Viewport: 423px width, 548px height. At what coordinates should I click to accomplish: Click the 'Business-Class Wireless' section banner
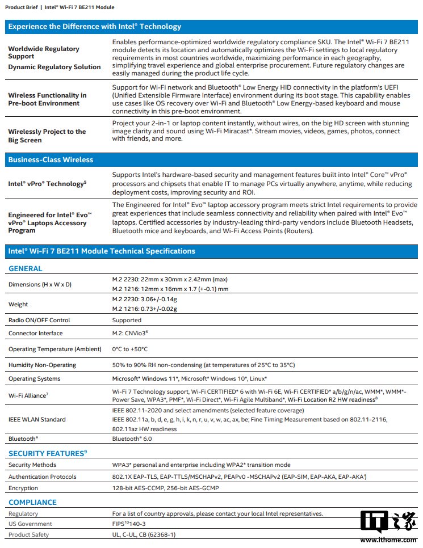click(51, 160)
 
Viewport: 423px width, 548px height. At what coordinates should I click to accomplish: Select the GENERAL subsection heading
click(25, 268)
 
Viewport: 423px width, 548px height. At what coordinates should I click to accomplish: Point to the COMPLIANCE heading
click(32, 502)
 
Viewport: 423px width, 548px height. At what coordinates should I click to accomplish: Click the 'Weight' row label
click(18, 304)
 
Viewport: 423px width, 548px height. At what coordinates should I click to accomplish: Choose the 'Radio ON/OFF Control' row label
click(39, 320)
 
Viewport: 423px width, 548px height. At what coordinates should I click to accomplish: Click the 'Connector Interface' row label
click(35, 333)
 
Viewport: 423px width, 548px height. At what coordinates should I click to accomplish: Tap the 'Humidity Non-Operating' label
click(42, 365)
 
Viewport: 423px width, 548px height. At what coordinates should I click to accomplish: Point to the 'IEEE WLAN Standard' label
click(37, 419)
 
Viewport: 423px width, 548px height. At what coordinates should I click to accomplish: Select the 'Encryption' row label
click(23, 488)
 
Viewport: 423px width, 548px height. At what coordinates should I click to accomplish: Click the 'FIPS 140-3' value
click(129, 524)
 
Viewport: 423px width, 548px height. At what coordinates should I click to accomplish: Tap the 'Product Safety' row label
click(28, 534)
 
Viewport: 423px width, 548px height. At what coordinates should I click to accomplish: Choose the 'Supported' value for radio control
click(127, 320)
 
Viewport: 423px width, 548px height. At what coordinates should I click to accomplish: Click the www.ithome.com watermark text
click(388, 540)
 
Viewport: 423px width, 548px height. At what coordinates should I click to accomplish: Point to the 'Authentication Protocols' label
click(42, 477)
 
